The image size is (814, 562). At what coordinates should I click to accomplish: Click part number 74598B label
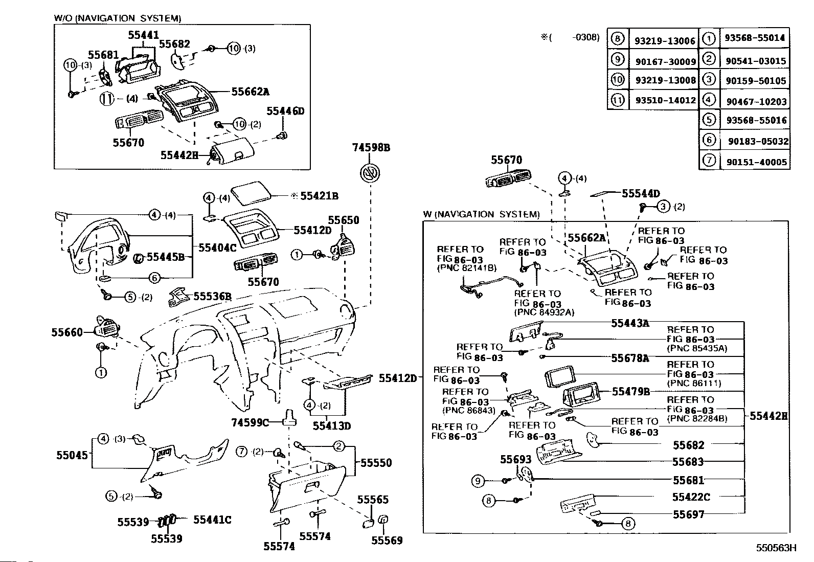371,147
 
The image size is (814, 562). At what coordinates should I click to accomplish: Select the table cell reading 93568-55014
754,38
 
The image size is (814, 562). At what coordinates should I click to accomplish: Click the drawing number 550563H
777,548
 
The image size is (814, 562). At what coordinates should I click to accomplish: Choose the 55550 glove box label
376,463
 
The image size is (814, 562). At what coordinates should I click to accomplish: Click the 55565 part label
373,500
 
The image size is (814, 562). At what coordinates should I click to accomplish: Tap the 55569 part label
387,540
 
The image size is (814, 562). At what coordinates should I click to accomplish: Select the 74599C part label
250,422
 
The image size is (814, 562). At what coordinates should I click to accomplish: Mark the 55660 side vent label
66,332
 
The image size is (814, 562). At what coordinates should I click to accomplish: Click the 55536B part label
213,296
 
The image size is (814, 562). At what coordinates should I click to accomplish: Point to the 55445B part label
166,257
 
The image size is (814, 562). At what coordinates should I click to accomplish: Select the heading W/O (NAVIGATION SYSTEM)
118,18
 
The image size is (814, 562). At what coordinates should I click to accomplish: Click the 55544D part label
641,193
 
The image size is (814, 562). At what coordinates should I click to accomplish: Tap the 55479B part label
631,392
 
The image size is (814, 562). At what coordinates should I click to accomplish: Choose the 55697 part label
688,514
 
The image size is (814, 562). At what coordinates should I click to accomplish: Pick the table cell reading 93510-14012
665,101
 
